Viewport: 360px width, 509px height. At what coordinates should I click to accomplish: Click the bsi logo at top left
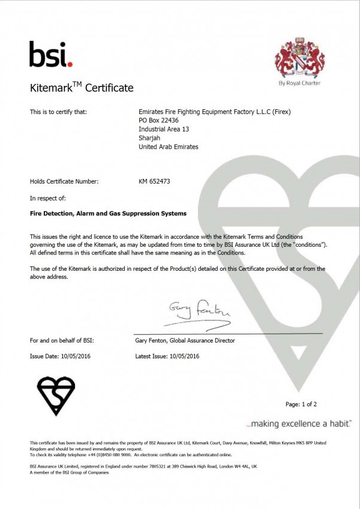pyautogui.click(x=50, y=54)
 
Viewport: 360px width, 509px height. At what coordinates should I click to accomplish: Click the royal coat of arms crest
pyautogui.click(x=299, y=59)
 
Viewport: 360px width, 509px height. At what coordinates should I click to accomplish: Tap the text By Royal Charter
pyautogui.click(x=299, y=83)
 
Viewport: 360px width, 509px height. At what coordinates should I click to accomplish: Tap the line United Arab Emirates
pyautogui.click(x=168, y=146)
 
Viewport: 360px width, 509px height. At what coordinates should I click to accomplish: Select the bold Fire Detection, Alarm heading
pyautogui.click(x=108, y=213)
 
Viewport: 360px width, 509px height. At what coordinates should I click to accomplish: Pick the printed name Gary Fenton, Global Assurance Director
pyautogui.click(x=185, y=340)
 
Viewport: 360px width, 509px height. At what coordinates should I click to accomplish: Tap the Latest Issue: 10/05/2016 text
pyautogui.click(x=167, y=356)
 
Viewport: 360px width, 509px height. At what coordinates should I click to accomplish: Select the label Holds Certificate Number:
pyautogui.click(x=64, y=181)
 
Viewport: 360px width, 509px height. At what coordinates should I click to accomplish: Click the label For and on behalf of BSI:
pyautogui.click(x=62, y=340)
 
